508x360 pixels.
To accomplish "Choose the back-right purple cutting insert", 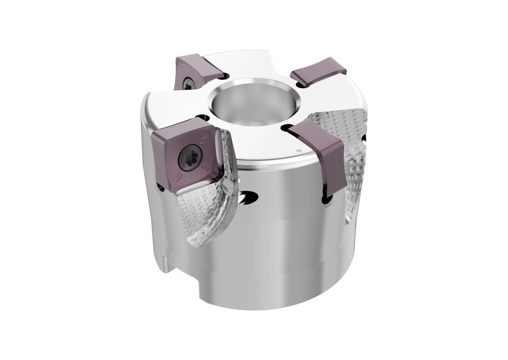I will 317,71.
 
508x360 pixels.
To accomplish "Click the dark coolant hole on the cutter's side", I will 247,198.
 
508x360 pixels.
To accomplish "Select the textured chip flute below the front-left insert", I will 206,218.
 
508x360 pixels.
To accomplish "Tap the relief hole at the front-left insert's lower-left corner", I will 161,187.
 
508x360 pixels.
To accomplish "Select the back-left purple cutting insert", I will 196,72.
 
